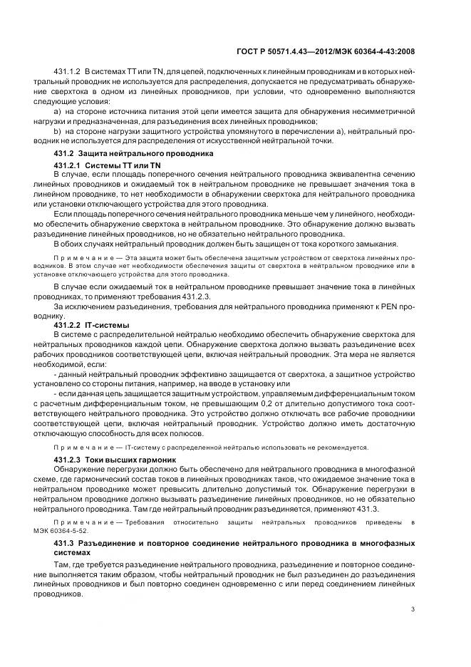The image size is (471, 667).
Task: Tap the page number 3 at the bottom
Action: tap(413, 608)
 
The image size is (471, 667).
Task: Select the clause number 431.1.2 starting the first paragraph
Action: tap(68, 73)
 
